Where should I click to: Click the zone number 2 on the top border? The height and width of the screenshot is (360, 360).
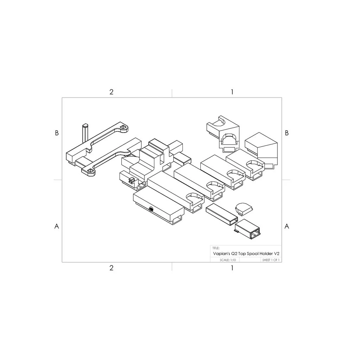tap(111, 92)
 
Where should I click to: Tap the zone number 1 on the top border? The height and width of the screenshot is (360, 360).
tap(232, 92)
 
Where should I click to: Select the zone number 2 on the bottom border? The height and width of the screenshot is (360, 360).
tap(111, 268)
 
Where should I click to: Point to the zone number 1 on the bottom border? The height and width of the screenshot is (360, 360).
tap(232, 268)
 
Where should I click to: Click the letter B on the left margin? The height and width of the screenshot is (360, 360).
tap(57, 133)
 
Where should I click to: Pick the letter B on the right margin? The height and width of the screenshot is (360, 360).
tap(287, 133)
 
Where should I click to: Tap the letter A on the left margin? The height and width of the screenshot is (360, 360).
tap(57, 226)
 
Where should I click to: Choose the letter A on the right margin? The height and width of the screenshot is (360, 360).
tap(287, 226)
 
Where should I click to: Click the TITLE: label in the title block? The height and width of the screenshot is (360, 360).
tap(216, 248)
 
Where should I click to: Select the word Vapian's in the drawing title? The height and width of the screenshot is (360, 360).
tap(221, 254)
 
